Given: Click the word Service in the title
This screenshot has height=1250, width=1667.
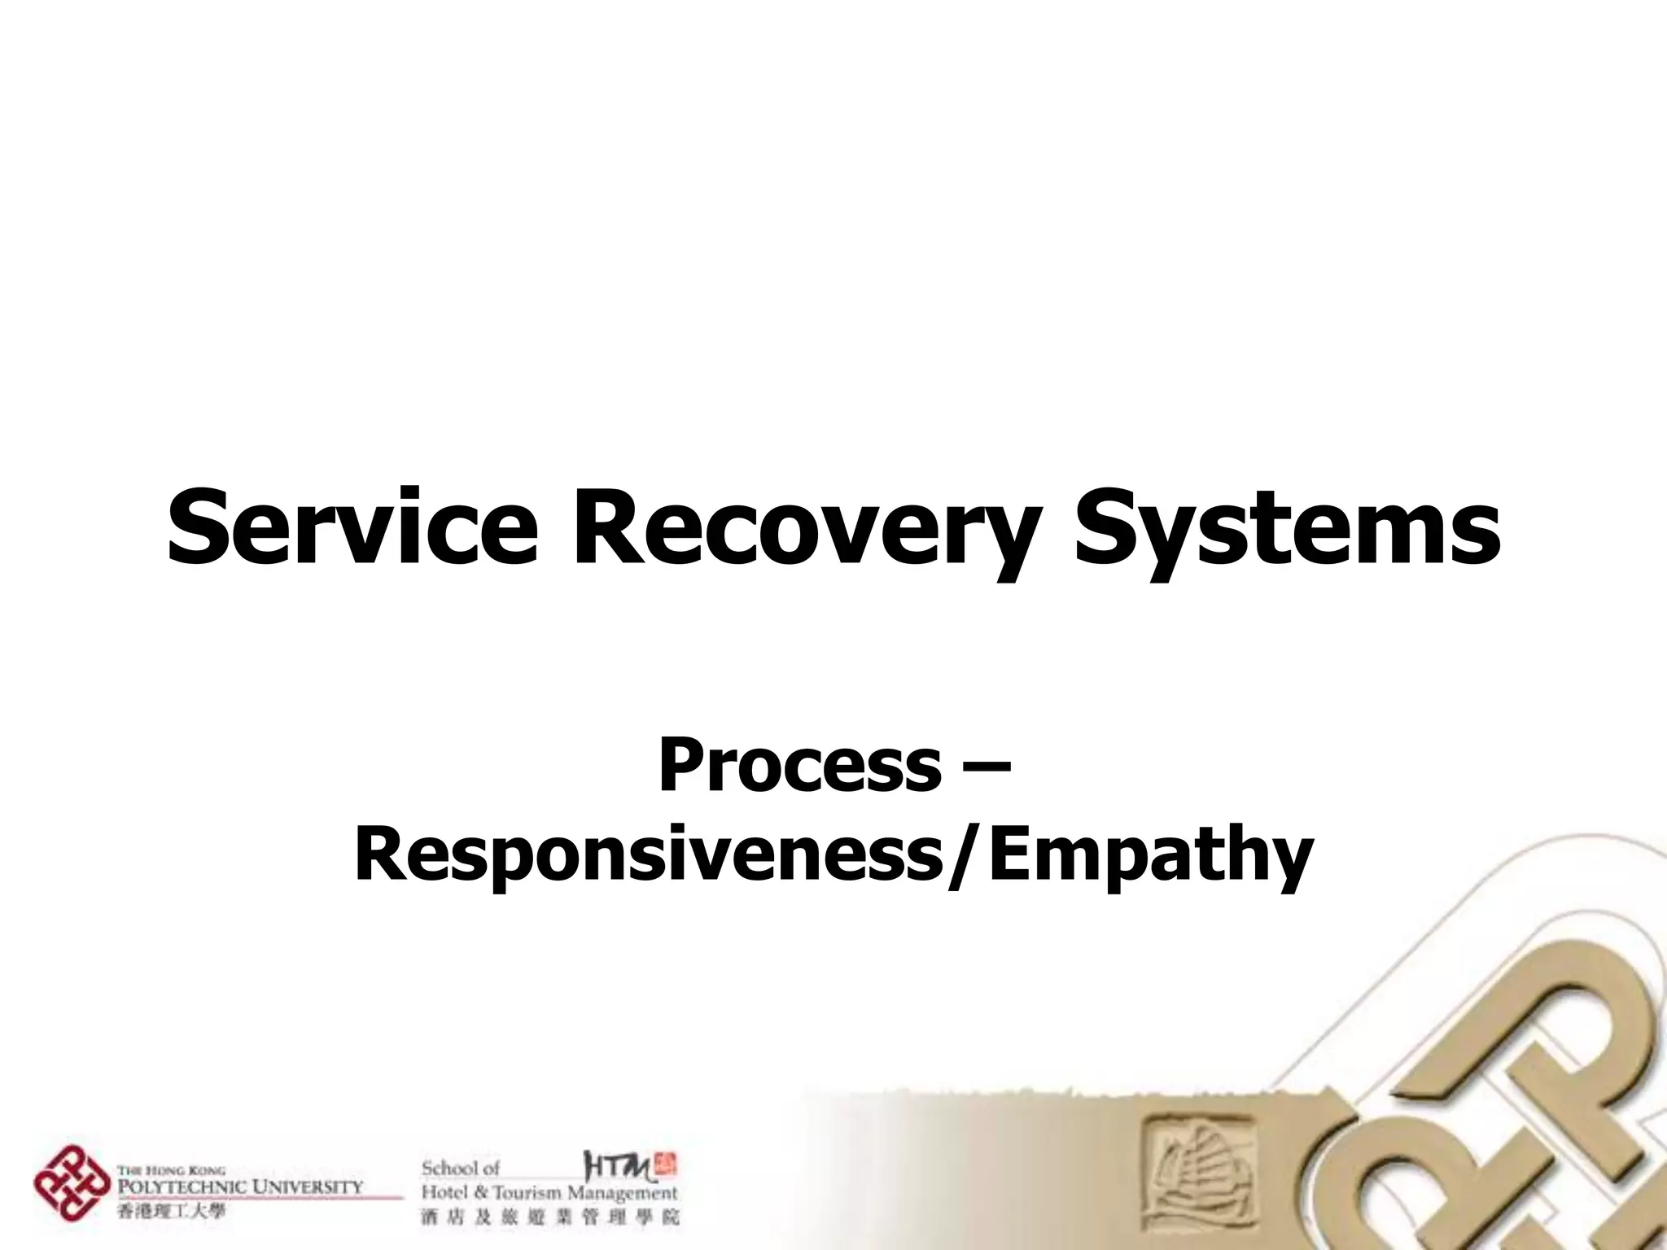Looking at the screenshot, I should [352, 527].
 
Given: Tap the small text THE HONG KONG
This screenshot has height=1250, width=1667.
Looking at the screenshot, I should [171, 1171].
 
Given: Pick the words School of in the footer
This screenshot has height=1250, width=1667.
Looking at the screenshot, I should [461, 1168].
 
